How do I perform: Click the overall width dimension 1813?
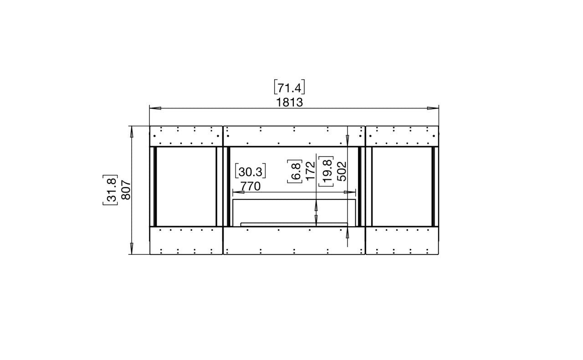pos(289,102)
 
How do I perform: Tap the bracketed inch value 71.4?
pos(289,88)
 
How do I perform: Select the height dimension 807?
pos(126,190)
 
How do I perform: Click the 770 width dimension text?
pos(250,186)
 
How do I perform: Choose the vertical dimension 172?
pos(311,171)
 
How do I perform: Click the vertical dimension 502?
pos(342,171)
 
